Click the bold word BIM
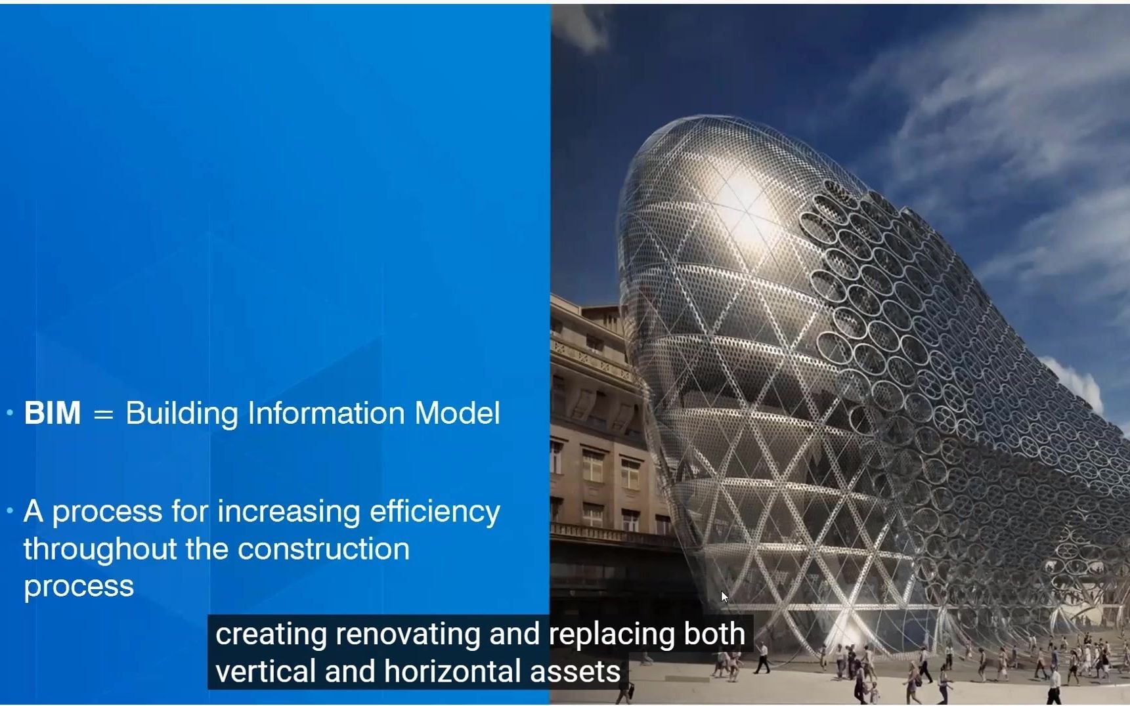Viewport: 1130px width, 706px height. tap(53, 413)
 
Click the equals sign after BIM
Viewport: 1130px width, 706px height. tap(103, 415)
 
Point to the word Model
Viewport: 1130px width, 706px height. tap(457, 413)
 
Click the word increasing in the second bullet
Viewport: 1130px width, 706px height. tap(289, 512)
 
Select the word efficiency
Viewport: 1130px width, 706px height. tap(435, 512)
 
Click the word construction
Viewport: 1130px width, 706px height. tap(324, 549)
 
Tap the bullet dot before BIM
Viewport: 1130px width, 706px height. tap(10, 413)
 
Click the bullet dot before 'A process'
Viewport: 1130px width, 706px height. tap(10, 510)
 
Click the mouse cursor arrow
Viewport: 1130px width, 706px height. tap(724, 596)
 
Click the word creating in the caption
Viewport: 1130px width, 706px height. tap(271, 634)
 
